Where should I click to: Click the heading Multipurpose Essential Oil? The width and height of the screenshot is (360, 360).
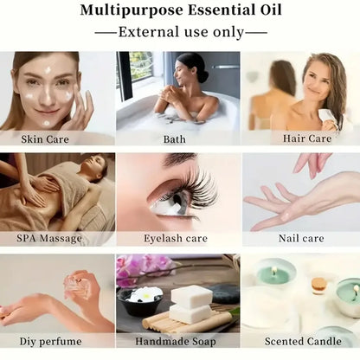click(x=179, y=11)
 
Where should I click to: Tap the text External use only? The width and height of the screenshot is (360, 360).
click(x=179, y=32)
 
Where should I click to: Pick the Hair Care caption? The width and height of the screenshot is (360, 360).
click(x=299, y=138)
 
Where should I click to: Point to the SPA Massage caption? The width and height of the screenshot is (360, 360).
click(x=48, y=238)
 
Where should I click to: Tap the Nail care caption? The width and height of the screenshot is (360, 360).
click(x=300, y=238)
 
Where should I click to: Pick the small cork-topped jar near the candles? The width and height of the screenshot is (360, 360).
click(x=319, y=286)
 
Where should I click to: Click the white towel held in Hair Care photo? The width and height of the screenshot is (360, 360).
click(x=327, y=117)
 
